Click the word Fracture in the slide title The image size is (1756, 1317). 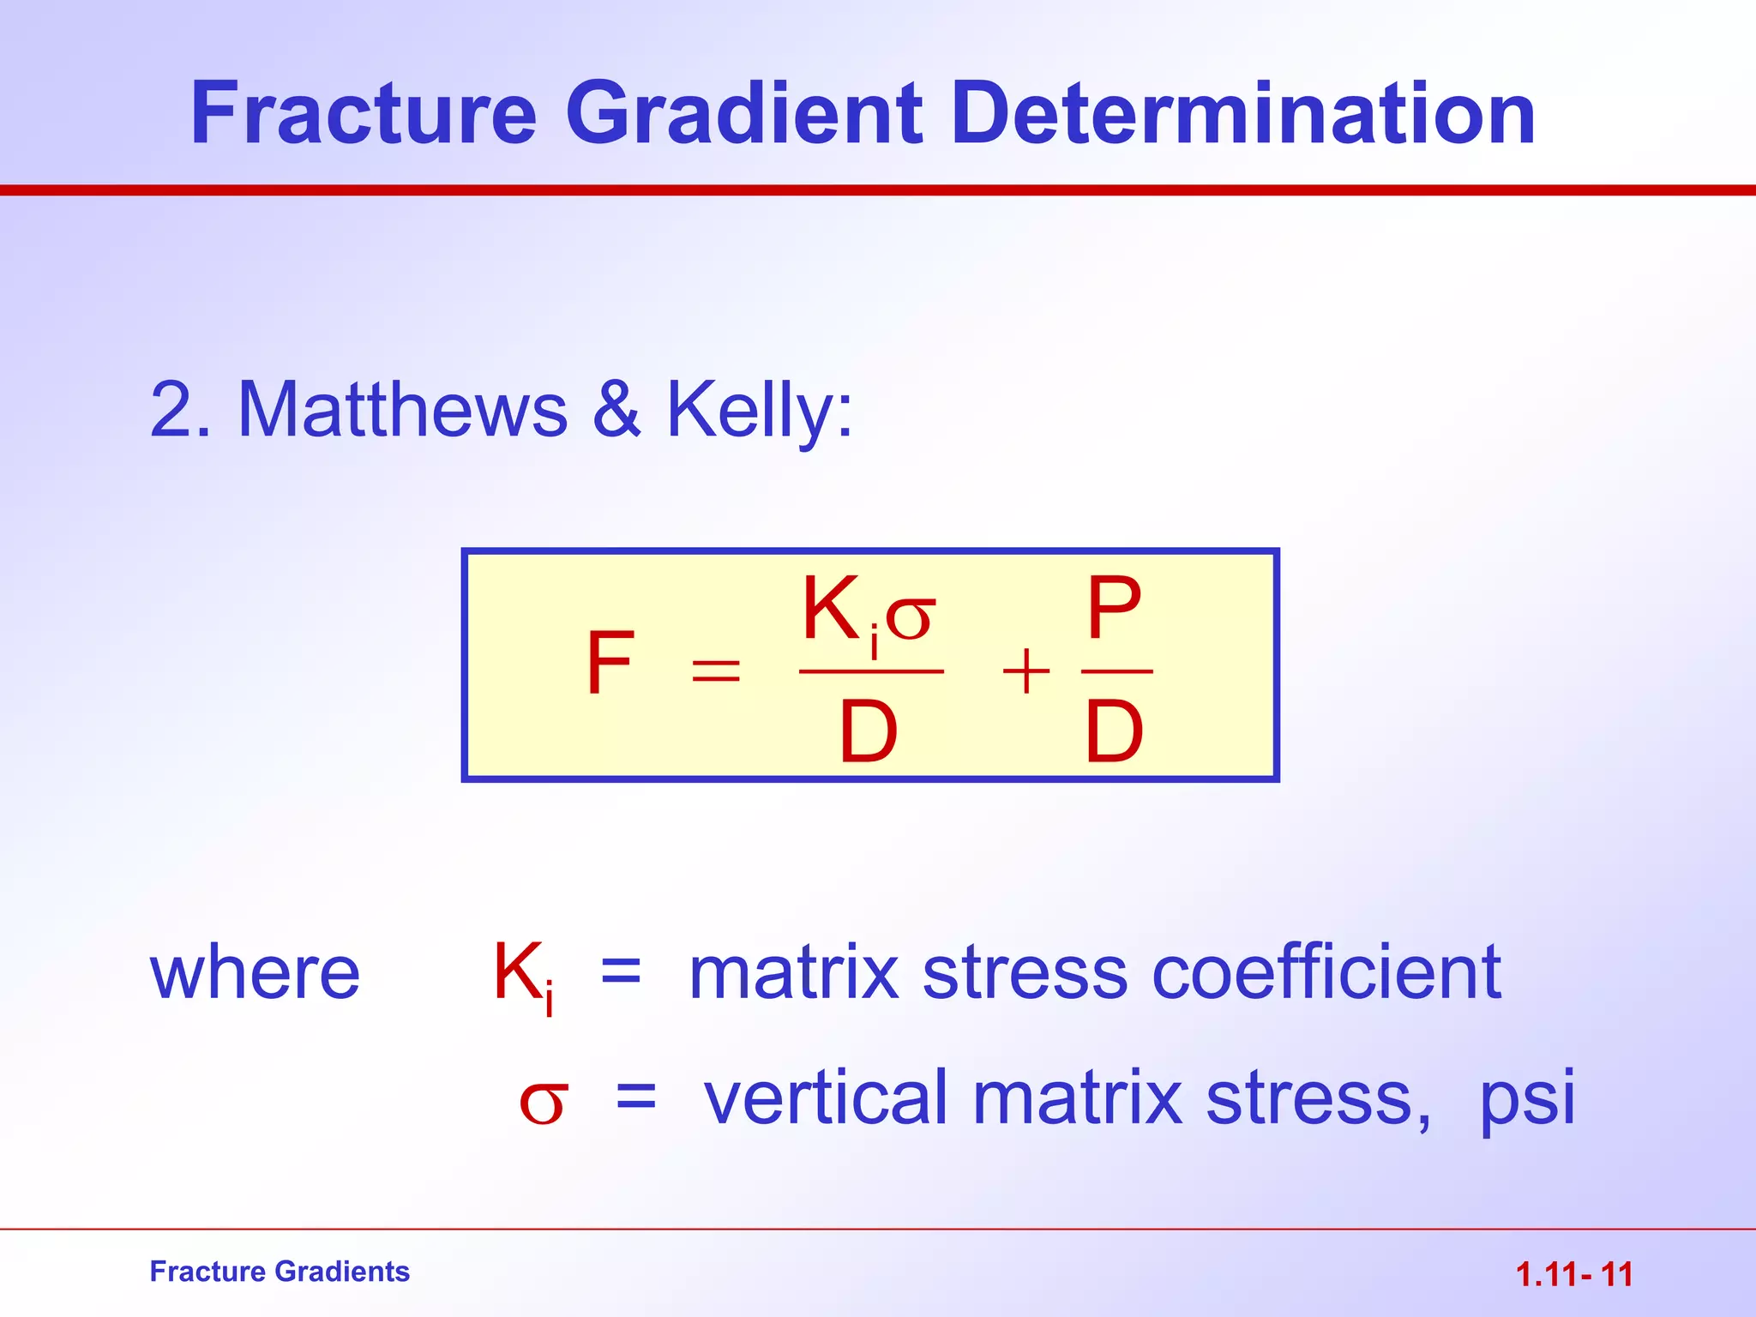point(364,113)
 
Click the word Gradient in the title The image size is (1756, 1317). point(743,113)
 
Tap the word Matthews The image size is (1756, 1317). point(402,410)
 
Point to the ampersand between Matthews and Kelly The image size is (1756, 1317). point(616,410)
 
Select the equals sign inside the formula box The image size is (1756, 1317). point(715,670)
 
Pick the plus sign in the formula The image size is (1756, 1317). point(1025,671)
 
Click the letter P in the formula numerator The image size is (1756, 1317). point(1114,609)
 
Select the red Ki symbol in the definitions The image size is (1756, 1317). point(521,975)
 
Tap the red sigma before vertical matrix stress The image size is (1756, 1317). point(543,1104)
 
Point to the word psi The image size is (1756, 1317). point(1527,1100)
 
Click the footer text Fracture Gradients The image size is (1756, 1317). point(280,1272)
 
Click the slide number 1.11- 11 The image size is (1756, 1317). point(1574,1275)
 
